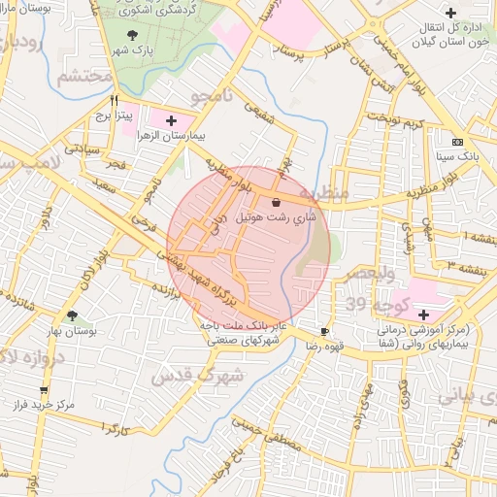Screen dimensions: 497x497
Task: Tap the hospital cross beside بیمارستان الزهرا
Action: point(172,121)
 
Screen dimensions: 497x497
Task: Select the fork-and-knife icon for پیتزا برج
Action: point(115,100)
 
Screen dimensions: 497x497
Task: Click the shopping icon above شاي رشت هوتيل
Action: point(279,203)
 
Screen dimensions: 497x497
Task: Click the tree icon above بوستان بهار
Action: point(72,315)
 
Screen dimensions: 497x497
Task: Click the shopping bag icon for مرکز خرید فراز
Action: point(17,401)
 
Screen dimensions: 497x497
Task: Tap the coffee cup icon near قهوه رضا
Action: point(337,331)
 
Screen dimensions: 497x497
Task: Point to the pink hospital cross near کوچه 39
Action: point(422,314)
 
